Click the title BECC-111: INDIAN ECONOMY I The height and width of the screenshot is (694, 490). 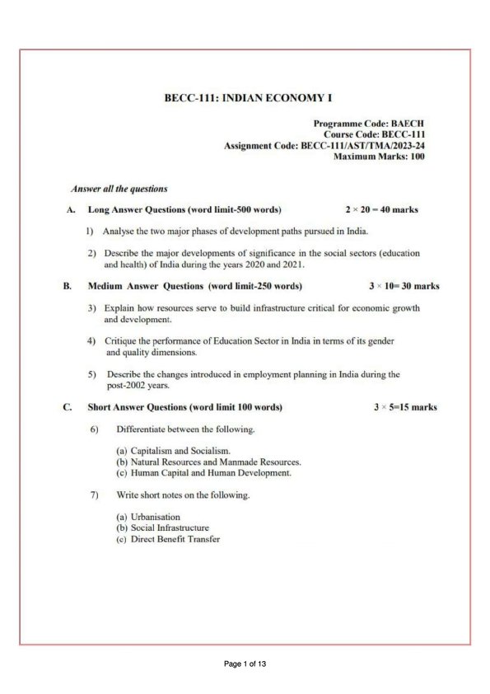(248, 99)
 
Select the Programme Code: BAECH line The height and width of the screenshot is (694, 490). (369, 123)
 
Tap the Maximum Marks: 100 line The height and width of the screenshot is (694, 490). (379, 157)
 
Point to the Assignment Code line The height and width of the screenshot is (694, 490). (324, 145)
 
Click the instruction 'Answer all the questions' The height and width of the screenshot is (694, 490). (119, 189)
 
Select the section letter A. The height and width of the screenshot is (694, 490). (71, 209)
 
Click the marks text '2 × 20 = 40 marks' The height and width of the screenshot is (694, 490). (381, 209)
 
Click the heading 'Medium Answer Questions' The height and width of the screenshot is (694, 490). (194, 286)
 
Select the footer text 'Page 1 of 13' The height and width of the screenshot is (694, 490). (245, 664)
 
